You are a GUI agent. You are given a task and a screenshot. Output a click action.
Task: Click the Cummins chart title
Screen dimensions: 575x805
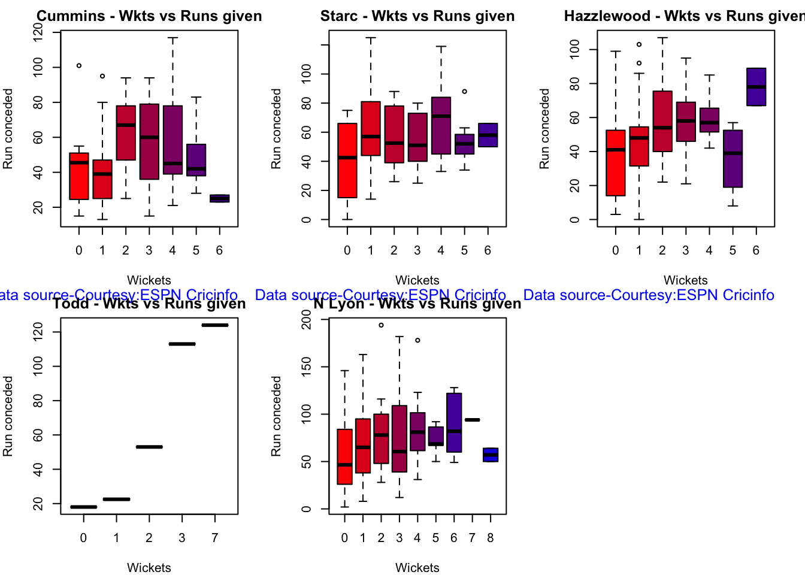[149, 16]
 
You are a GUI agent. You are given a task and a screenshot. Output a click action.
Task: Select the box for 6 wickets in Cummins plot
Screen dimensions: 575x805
[219, 198]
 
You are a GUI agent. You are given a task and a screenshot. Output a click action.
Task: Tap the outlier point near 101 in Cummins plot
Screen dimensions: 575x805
[79, 66]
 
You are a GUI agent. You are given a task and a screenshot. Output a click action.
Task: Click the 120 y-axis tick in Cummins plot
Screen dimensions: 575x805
[38, 32]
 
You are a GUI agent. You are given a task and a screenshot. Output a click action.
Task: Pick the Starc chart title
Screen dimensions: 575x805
[417, 16]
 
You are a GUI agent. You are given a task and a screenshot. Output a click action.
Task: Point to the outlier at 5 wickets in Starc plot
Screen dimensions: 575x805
[464, 92]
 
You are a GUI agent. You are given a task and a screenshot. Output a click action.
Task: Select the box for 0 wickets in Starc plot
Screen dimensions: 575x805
[347, 161]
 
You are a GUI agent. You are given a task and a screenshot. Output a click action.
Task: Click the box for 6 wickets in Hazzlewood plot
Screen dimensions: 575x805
[756, 87]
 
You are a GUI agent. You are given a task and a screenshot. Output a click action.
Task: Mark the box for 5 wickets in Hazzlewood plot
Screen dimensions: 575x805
[733, 159]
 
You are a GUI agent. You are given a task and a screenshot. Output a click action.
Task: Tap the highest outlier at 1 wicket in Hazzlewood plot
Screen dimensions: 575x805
[639, 44]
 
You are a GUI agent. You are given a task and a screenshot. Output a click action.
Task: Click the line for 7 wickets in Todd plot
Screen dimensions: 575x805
[215, 325]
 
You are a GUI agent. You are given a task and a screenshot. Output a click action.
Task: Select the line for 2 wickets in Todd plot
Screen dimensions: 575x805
[149, 447]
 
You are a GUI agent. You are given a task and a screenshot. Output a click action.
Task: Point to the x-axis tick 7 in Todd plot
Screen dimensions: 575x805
[215, 538]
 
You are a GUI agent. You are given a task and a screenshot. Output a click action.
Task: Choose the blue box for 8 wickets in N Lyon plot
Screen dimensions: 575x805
[491, 455]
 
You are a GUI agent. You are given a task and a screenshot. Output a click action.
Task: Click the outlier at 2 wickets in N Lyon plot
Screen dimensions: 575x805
[381, 325]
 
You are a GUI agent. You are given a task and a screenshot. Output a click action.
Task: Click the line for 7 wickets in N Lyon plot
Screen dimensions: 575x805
[472, 420]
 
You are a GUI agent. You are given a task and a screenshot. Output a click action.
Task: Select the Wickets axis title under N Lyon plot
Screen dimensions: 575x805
[417, 567]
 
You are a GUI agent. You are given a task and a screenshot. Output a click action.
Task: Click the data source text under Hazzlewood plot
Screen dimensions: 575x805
[649, 295]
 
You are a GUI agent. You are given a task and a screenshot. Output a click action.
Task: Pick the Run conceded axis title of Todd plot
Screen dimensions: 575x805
[8, 416]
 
